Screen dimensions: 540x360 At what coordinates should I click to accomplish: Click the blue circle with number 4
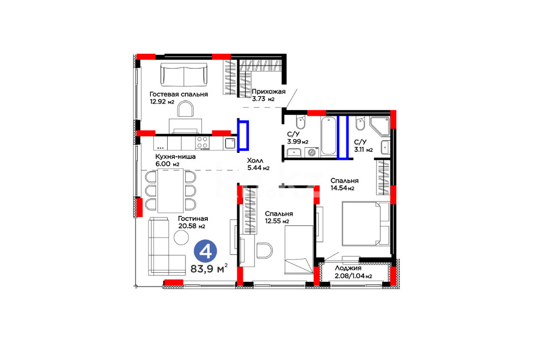click(205, 252)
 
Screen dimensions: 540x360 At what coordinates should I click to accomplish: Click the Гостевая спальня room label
click(178, 94)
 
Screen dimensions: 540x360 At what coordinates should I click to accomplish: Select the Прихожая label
click(269, 91)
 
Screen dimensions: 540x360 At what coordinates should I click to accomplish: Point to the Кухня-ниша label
click(175, 156)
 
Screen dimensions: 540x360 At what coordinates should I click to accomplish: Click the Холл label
click(255, 160)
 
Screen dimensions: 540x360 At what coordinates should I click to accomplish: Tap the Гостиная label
click(193, 218)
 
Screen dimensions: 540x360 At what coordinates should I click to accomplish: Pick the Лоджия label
click(348, 268)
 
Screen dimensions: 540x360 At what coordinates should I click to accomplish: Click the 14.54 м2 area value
click(342, 188)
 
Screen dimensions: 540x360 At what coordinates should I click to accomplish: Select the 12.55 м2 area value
click(277, 221)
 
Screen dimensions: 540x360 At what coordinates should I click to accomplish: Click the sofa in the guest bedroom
click(184, 74)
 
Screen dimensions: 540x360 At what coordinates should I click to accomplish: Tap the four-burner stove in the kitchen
click(203, 143)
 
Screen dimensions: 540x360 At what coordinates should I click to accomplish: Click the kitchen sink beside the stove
click(230, 143)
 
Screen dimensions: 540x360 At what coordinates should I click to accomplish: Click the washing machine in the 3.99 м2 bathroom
click(312, 152)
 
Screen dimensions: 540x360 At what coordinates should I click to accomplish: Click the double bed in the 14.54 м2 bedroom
click(366, 224)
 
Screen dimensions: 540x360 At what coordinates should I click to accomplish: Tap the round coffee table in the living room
click(181, 237)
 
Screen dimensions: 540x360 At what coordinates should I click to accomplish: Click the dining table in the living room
click(171, 191)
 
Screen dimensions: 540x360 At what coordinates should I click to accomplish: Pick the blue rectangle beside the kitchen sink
click(243, 136)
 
